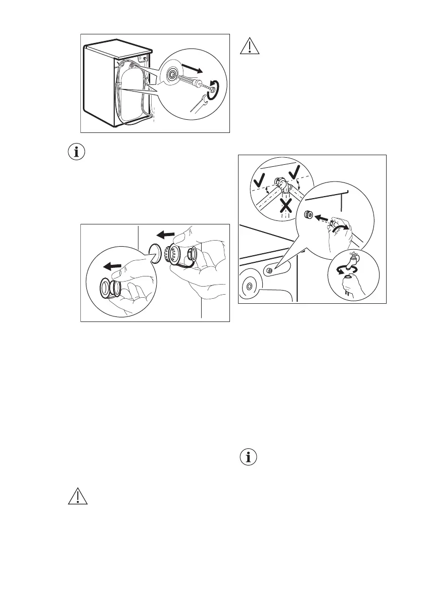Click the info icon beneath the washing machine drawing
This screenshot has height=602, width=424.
tap(77, 152)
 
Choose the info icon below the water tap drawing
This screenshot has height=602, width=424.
tap(248, 458)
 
